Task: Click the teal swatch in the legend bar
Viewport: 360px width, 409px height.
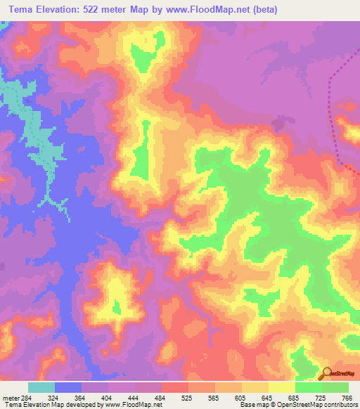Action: (41, 387)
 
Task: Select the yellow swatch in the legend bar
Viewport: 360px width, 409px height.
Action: (281, 387)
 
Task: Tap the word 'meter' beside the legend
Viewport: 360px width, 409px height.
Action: (9, 397)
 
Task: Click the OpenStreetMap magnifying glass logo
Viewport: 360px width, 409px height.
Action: (326, 373)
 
